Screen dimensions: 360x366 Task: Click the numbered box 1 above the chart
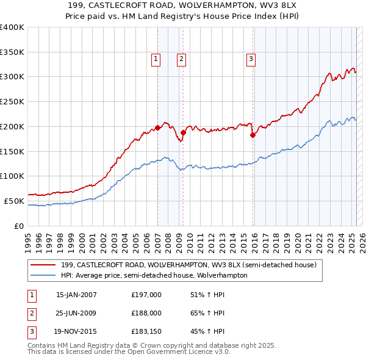point(156,59)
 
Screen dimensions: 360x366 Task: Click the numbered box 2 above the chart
point(182,59)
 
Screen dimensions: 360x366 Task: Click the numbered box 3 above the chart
point(251,59)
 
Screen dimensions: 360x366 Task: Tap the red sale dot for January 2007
point(157,128)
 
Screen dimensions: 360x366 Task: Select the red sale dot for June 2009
point(183,132)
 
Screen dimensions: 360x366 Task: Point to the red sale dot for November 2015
point(253,135)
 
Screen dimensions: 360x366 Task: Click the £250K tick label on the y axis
point(12,101)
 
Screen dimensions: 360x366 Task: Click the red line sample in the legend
point(43,265)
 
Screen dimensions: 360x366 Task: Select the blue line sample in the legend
point(43,275)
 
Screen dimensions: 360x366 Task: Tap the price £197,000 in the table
point(146,295)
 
